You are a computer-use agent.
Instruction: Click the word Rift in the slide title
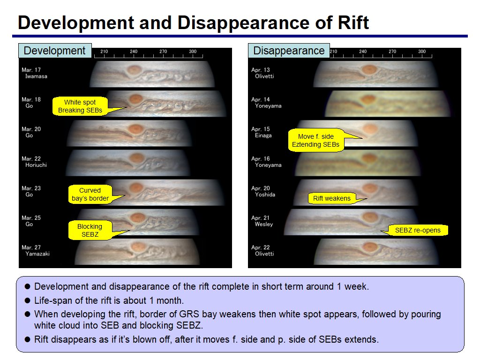(x=353, y=22)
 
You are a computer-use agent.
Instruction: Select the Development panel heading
(x=55, y=51)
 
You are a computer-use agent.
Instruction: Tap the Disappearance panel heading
(x=289, y=51)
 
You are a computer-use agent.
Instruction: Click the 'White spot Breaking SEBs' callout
(x=80, y=106)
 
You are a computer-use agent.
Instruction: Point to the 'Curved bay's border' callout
(x=90, y=195)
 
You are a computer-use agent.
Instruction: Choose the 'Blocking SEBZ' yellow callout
(x=90, y=231)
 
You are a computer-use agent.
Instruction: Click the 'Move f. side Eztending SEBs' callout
(x=315, y=141)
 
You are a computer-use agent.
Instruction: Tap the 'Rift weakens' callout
(x=332, y=198)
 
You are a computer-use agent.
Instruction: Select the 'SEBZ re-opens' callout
(x=418, y=230)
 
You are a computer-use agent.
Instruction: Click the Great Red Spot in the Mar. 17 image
(x=134, y=70)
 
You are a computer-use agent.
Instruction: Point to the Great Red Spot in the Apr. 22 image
(x=370, y=247)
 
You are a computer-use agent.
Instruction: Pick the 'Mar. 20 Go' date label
(x=31, y=132)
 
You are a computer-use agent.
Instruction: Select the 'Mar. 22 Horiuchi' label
(x=34, y=162)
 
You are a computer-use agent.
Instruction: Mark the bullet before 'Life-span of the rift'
(x=28, y=300)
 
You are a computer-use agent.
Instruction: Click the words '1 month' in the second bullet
(x=166, y=300)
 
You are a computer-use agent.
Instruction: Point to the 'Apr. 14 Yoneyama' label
(x=266, y=103)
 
